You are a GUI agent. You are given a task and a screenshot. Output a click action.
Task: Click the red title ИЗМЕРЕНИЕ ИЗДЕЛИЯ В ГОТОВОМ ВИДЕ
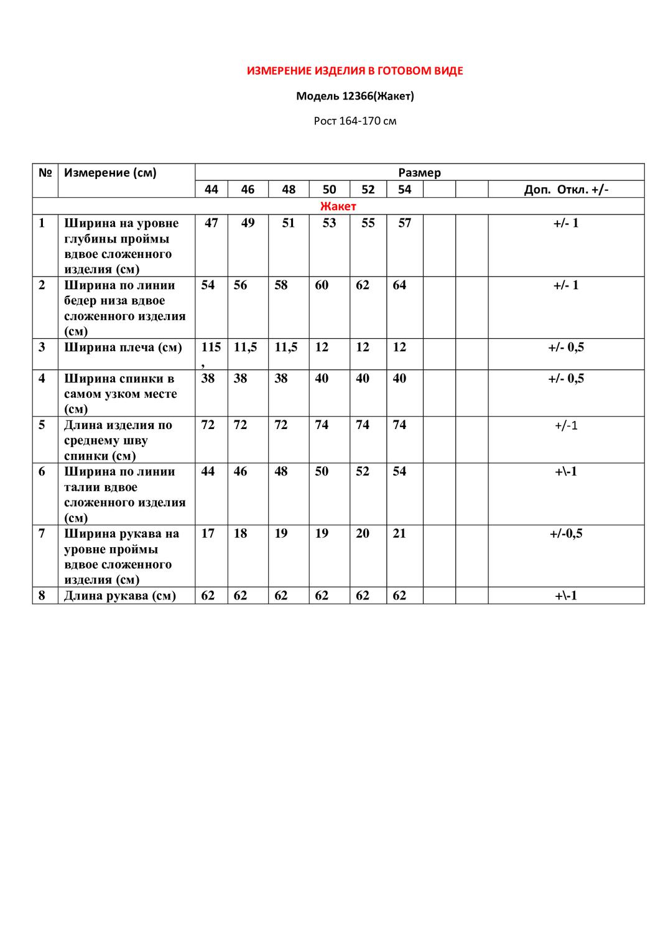(x=355, y=71)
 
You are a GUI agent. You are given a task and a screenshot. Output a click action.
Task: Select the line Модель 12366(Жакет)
(x=355, y=96)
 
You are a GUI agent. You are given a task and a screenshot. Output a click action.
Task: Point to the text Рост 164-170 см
(x=355, y=121)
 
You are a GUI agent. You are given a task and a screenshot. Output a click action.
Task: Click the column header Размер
(x=419, y=172)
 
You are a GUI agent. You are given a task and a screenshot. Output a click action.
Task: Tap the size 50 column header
(x=329, y=189)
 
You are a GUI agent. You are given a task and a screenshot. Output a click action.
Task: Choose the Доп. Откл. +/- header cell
(x=566, y=189)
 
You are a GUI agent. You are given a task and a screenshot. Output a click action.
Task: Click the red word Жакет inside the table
(x=338, y=206)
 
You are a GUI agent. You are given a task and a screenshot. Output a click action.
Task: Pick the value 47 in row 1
(x=211, y=223)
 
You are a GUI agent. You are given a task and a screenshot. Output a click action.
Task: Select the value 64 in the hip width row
(x=399, y=285)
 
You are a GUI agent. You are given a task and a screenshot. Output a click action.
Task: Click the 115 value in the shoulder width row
(x=211, y=347)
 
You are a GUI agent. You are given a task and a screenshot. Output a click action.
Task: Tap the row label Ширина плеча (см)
(x=123, y=347)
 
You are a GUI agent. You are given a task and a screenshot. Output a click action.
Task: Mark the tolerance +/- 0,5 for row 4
(x=566, y=378)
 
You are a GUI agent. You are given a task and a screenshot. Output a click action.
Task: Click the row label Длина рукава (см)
(x=120, y=595)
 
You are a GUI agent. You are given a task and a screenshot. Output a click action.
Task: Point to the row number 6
(x=42, y=471)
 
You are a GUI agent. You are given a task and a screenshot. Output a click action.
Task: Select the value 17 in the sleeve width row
(x=208, y=533)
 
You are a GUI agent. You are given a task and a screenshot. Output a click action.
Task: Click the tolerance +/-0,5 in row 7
(x=566, y=533)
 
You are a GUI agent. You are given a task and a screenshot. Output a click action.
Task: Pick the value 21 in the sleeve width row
(x=399, y=533)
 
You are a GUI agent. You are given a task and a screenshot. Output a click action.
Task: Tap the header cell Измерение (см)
(x=111, y=172)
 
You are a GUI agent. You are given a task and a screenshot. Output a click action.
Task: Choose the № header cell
(x=45, y=172)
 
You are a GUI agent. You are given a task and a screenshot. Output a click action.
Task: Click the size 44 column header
(x=211, y=189)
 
